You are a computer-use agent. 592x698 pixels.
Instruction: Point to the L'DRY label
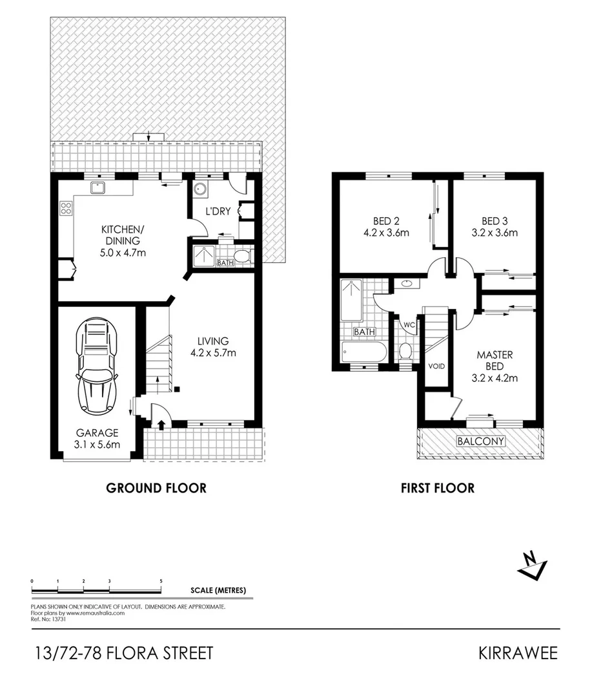point(218,211)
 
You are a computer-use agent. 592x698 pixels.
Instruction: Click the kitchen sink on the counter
point(98,188)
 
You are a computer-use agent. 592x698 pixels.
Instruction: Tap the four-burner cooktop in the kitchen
point(66,208)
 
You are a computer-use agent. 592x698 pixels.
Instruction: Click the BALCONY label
point(480,441)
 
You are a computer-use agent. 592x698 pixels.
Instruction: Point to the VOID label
point(437,366)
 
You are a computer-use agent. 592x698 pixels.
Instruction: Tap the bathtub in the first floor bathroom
point(364,353)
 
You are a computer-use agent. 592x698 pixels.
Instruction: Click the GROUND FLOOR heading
point(156,488)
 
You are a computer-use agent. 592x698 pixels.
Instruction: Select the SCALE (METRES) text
point(218,590)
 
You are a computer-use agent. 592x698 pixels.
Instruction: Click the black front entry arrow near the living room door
point(161,424)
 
